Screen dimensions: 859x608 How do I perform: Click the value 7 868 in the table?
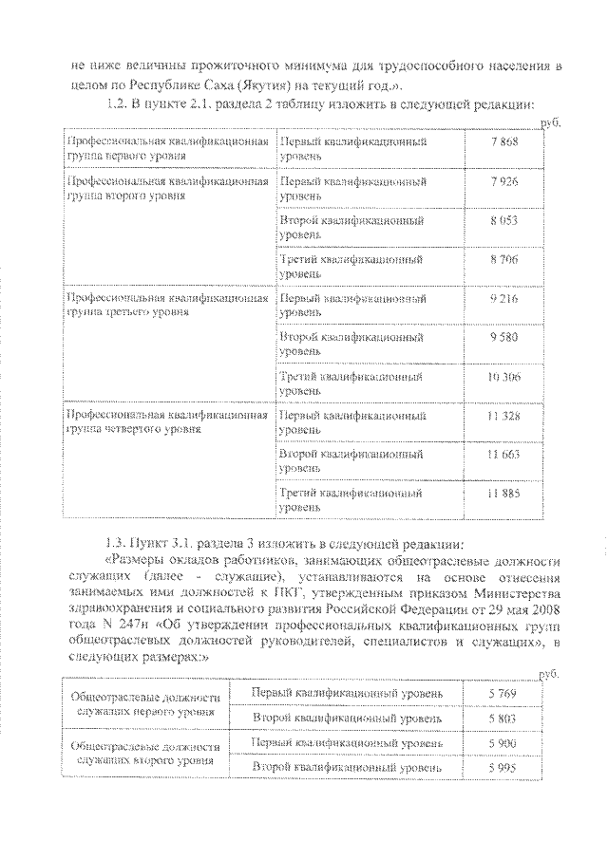504,141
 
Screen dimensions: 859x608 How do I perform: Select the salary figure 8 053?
504,219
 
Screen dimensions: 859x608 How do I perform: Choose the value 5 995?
504,767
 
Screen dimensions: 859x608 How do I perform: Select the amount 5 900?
504,742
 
